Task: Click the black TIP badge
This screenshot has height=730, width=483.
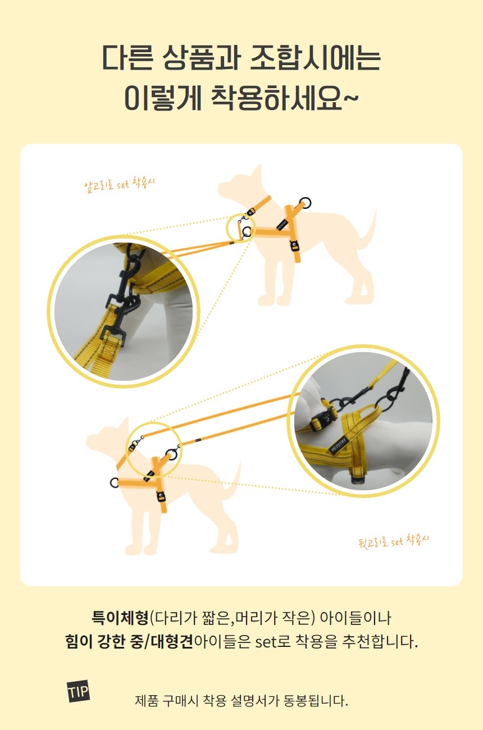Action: tap(78, 691)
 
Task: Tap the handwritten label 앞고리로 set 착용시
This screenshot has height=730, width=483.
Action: tap(119, 185)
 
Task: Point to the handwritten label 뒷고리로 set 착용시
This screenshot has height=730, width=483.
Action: tap(393, 542)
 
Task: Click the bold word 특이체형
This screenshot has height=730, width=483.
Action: tap(120, 617)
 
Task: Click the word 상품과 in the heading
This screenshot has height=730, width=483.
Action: tap(201, 57)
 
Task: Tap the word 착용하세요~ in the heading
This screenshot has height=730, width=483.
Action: tap(285, 97)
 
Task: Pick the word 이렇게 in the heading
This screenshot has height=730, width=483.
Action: tap(163, 97)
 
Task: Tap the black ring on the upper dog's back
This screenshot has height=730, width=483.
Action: tap(306, 203)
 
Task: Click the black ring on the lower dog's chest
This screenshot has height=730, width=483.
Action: tap(115, 482)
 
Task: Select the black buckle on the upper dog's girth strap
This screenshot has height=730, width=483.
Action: tap(294, 246)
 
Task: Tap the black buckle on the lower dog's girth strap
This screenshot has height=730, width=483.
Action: tap(160, 496)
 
